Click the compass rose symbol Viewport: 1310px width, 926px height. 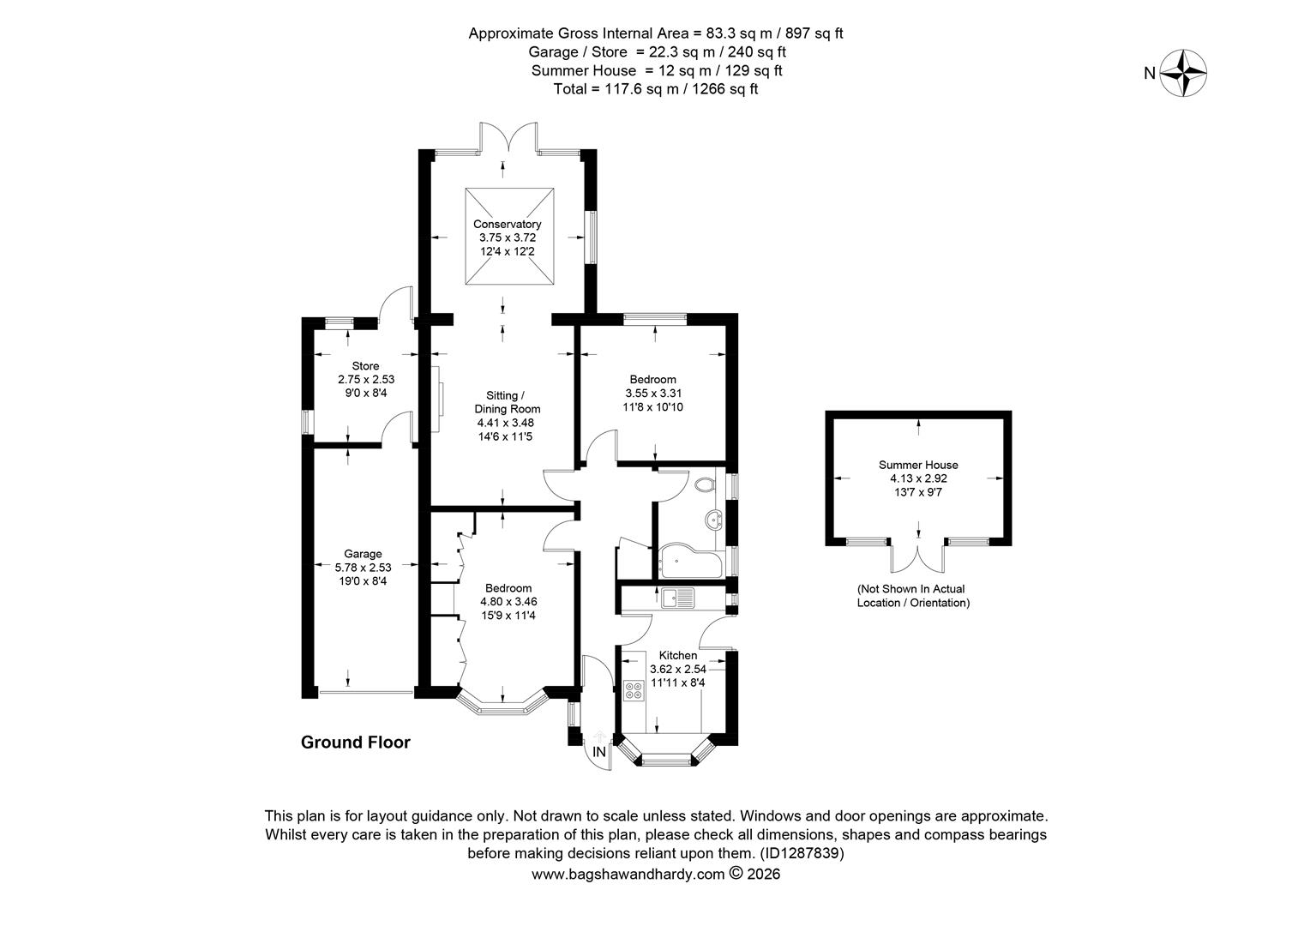(1183, 74)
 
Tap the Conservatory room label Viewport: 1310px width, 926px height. (508, 225)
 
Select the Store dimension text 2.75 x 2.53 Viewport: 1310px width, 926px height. (366, 379)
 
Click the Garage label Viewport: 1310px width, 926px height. (363, 554)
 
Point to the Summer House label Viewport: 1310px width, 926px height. (918, 465)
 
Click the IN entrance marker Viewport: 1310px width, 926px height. (600, 753)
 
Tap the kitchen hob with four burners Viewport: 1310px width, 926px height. (635, 690)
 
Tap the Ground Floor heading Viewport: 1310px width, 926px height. (355, 743)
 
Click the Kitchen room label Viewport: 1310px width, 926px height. (677, 656)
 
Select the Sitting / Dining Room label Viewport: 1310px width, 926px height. (508, 402)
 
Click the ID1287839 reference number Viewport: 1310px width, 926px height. (802, 854)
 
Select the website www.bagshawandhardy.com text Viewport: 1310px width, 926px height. (628, 875)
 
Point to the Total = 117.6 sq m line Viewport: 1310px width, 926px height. (656, 89)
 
